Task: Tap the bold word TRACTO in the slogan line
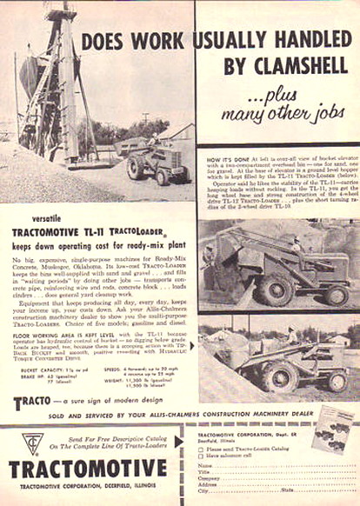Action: pos(34,403)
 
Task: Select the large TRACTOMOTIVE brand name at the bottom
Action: pos(88,470)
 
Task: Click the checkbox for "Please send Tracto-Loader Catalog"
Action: pos(201,449)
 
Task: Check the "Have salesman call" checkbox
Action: pos(201,456)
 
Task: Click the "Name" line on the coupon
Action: pos(261,465)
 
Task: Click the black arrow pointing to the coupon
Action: pos(179,442)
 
